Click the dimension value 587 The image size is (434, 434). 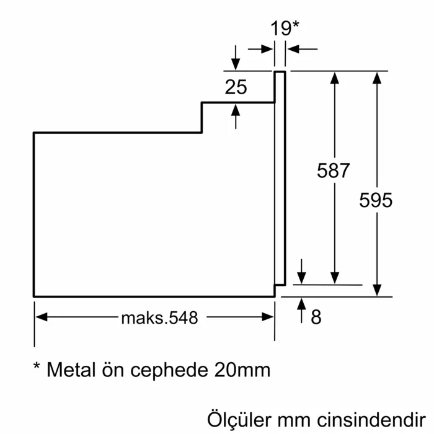[x=334, y=171]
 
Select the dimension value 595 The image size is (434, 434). [x=376, y=200]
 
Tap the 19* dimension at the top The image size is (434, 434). [x=285, y=28]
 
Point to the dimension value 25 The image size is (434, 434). [x=236, y=87]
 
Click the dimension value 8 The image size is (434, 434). [x=316, y=317]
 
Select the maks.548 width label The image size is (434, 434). [x=159, y=318]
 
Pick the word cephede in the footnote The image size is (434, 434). [x=166, y=371]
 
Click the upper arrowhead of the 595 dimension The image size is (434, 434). [x=376, y=77]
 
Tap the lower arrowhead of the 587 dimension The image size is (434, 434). [x=335, y=279]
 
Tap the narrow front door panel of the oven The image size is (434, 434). [x=280, y=180]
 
